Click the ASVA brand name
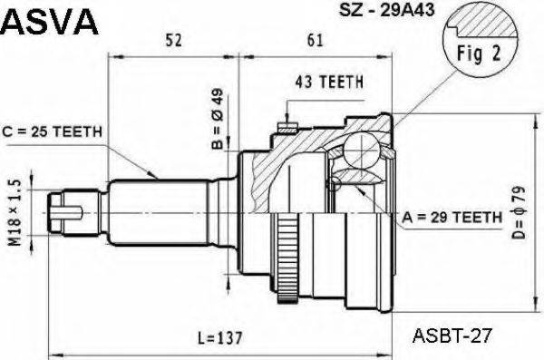pos(50,22)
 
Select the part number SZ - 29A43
pos(386,10)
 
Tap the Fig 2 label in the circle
pos(479,54)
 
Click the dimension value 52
pos(173,40)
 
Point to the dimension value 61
pos(315,40)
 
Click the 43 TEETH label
pos(329,82)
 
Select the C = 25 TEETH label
pos(53,131)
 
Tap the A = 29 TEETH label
pos(452,218)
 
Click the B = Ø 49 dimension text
pos(218,117)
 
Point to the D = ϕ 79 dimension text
pos(519,213)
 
